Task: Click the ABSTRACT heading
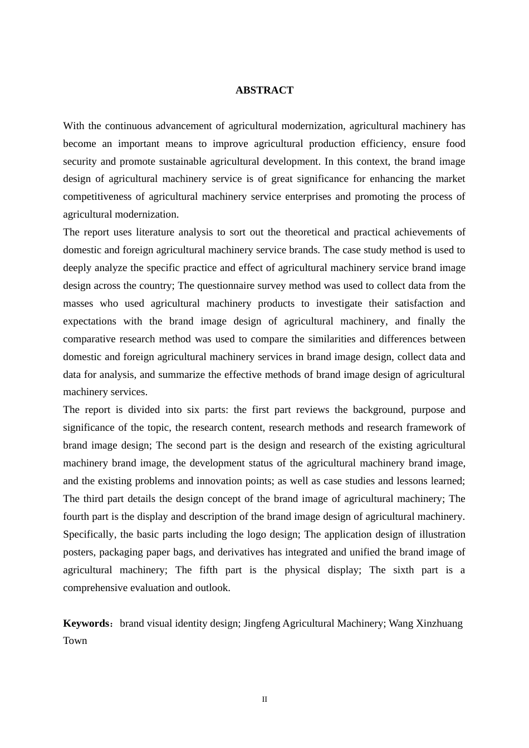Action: (264, 90)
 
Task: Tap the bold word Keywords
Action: (86, 623)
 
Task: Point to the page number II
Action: (264, 700)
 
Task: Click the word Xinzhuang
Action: (439, 623)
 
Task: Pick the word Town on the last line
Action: (75, 641)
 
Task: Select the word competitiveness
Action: (96, 196)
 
